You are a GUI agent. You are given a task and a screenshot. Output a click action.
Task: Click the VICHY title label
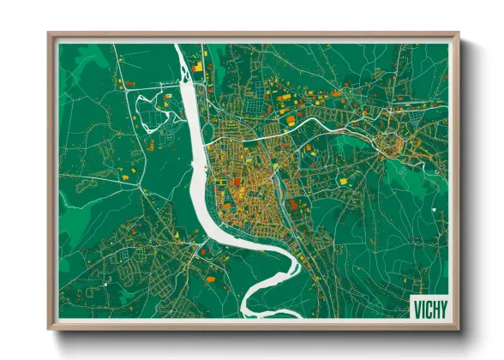coord(429,307)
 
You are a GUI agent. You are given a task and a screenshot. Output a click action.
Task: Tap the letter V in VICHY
coord(416,307)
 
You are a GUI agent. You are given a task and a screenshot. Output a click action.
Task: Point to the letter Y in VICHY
coord(443,307)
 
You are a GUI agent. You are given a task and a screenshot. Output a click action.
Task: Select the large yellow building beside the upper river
coord(198,65)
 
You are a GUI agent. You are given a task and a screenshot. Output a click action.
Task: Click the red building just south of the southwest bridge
coord(202,252)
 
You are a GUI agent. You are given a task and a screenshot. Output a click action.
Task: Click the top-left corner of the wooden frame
coord(49,34)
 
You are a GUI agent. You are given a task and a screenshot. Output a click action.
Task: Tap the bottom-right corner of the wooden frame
coord(459,329)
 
